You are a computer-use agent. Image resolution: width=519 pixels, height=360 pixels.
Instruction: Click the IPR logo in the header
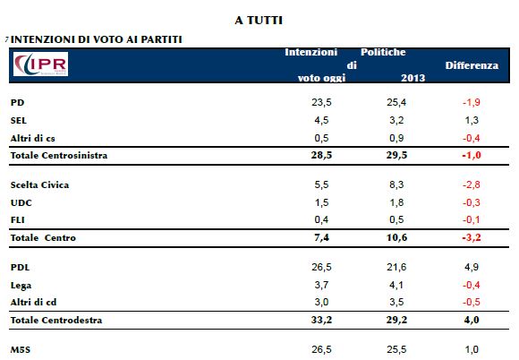tap(40, 64)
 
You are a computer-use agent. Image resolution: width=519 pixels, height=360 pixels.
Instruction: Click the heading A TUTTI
tap(259, 21)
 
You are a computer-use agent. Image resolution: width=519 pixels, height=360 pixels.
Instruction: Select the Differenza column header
tap(472, 65)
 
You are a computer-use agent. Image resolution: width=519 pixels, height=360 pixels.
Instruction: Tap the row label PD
tap(18, 102)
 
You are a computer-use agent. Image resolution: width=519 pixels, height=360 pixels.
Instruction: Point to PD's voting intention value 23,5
tap(321, 102)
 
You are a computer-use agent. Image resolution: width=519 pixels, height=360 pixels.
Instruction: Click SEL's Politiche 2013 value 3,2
tap(396, 120)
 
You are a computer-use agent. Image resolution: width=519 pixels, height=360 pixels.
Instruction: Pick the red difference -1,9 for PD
tap(472, 102)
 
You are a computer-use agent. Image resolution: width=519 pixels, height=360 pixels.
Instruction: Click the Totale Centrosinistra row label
tap(59, 155)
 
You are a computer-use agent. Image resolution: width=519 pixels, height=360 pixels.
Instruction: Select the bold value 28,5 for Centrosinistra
tap(321, 155)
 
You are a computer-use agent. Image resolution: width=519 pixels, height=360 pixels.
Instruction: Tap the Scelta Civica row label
tap(39, 184)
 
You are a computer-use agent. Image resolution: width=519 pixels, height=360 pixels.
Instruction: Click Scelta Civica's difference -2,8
tap(472, 184)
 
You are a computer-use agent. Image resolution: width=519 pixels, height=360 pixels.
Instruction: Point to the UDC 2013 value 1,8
tap(396, 202)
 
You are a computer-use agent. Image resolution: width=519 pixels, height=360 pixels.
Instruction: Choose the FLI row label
tap(18, 220)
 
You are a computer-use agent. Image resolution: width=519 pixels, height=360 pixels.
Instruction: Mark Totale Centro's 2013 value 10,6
tap(396, 237)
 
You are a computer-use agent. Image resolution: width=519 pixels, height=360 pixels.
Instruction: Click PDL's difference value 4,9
tap(472, 267)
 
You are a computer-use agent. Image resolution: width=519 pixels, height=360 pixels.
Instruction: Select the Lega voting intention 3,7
tap(321, 285)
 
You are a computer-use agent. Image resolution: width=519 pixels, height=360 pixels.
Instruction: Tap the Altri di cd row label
tap(33, 302)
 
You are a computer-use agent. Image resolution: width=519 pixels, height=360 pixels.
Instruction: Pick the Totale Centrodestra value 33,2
tap(321, 320)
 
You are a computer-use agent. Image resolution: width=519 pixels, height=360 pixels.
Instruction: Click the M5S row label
tap(21, 350)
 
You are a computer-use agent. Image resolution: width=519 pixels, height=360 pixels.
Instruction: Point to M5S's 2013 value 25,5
tap(396, 349)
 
